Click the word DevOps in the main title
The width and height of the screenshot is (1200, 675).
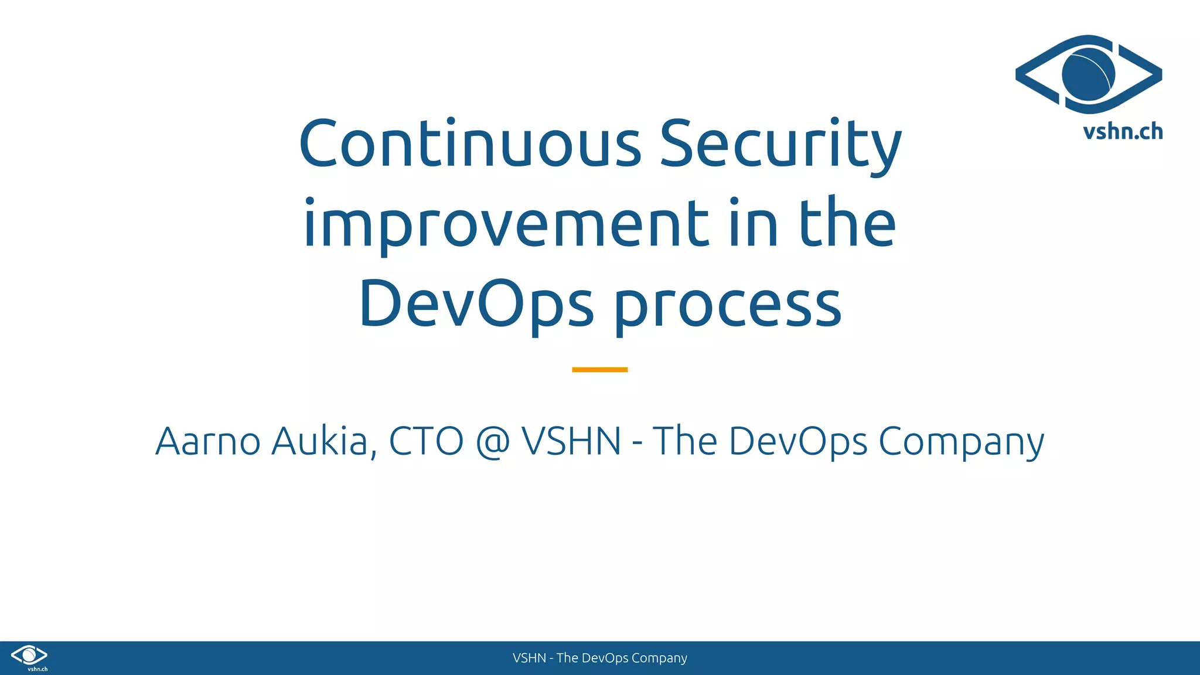[476, 304]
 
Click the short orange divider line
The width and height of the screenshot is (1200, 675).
[599, 370]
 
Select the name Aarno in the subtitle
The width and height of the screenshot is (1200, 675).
[207, 441]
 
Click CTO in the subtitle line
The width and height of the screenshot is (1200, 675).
[426, 441]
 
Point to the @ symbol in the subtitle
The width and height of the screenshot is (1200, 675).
[493, 442]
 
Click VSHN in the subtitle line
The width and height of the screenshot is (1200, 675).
[571, 441]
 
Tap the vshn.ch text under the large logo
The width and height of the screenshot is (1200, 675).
[1123, 132]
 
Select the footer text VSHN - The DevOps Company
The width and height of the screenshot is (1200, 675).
[599, 658]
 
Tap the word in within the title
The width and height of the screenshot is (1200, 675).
[754, 224]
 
